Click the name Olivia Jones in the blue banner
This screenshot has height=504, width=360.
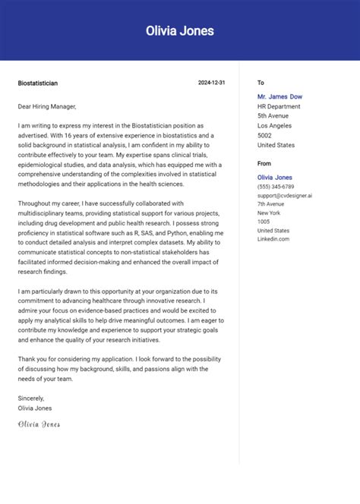pos(180,31)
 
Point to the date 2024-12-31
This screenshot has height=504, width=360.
pos(212,83)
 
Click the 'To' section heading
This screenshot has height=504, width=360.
pos(261,83)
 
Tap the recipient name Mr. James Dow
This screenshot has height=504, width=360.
pos(280,96)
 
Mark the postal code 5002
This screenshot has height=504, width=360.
pos(265,135)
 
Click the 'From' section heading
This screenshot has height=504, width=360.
pos(264,163)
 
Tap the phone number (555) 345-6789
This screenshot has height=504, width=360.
pos(276,187)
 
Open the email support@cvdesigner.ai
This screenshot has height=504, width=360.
pos(285,195)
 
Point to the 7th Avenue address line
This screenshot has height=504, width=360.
pos(271,204)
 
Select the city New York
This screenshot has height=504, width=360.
pos(269,213)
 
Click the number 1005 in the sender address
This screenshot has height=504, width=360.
pos(264,222)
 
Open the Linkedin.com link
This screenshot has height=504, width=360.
pos(273,239)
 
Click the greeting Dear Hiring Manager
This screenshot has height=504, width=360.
pos(46,107)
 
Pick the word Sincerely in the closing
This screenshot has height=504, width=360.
pos(31,398)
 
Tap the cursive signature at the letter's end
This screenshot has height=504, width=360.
pos(39,424)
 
